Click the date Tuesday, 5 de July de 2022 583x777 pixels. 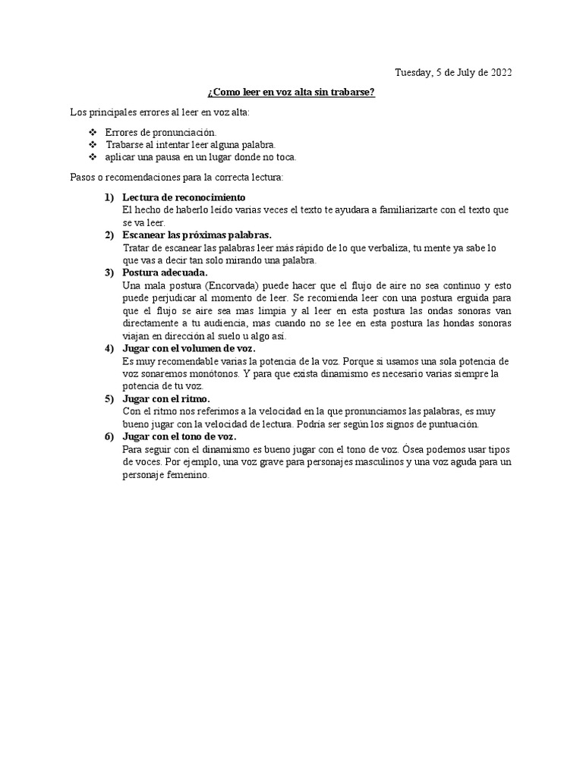452,73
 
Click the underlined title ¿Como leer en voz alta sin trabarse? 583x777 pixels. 291,93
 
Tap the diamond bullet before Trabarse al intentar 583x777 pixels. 93,145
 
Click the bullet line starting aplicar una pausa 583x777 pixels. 200,157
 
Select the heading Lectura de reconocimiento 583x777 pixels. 184,197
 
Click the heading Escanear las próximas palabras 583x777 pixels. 197,235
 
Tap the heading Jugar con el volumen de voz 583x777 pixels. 189,348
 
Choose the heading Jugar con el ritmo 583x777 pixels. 166,398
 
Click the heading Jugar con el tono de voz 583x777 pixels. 179,437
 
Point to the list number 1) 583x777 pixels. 109,197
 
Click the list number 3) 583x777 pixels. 109,272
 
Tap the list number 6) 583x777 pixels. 109,437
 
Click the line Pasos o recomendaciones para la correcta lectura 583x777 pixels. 176,178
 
